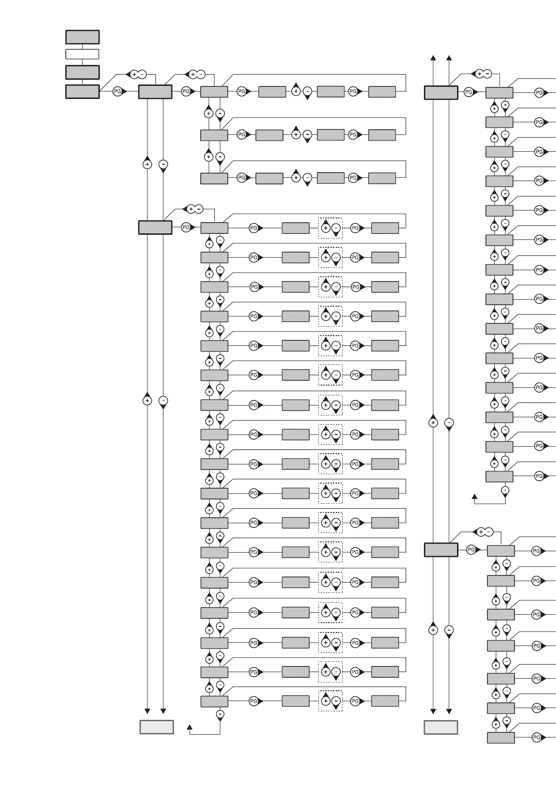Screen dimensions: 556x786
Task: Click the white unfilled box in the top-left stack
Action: pyautogui.click(x=82, y=54)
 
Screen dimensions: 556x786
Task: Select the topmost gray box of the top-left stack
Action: pyautogui.click(x=82, y=37)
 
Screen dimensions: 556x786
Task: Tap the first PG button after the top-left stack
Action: pyautogui.click(x=118, y=92)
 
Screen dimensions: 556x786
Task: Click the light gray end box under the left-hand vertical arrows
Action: pyautogui.click(x=157, y=727)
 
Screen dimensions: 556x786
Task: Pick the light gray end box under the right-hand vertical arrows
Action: pyautogui.click(x=441, y=727)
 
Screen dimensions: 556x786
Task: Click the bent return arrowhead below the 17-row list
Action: pyautogui.click(x=190, y=727)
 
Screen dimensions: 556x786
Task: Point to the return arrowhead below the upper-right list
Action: pyautogui.click(x=475, y=497)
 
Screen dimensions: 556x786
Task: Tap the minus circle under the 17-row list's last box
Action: pyautogui.click(x=220, y=714)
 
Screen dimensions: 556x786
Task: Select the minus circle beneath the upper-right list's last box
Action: pyautogui.click(x=505, y=490)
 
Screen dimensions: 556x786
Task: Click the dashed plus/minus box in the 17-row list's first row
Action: pyautogui.click(x=331, y=228)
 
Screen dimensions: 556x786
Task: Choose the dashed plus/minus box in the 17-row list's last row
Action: pyautogui.click(x=331, y=701)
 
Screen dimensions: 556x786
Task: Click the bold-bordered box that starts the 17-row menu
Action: pyautogui.click(x=155, y=227)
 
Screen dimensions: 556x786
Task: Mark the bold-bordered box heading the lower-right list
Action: pyautogui.click(x=441, y=550)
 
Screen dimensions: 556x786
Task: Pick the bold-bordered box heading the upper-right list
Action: pyautogui.click(x=441, y=92)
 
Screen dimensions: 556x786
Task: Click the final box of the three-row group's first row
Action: pyautogui.click(x=382, y=92)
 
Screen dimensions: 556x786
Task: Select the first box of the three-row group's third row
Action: pyautogui.click(x=214, y=178)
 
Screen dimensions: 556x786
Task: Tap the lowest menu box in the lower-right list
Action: pyautogui.click(x=501, y=737)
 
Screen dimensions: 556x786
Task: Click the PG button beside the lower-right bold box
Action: pyautogui.click(x=471, y=550)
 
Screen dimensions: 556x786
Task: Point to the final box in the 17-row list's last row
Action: pyautogui.click(x=385, y=701)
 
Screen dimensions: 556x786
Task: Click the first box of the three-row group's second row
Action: pyautogui.click(x=214, y=135)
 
